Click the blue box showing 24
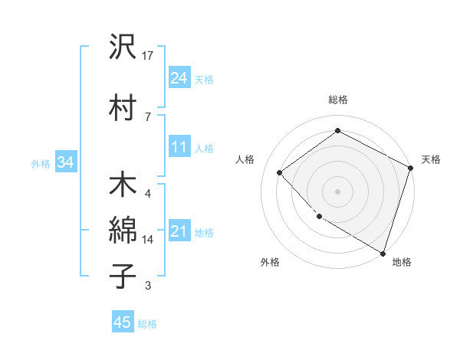tap(179, 77)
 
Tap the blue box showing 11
tap(179, 147)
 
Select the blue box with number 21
tap(179, 231)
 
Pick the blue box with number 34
tap(66, 162)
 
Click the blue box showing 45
tap(123, 322)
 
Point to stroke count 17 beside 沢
tap(149, 55)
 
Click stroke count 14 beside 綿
tap(148, 240)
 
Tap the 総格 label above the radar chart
tap(338, 100)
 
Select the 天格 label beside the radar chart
tap(432, 159)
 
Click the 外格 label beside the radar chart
tap(270, 263)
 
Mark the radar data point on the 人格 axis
tap(280, 172)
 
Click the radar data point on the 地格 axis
tap(382, 252)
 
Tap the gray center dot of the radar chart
tap(337, 191)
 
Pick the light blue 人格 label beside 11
tap(204, 149)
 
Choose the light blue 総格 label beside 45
tap(147, 324)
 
